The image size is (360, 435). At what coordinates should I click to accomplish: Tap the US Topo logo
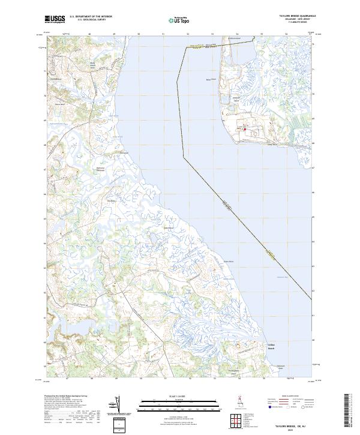click(x=180, y=20)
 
